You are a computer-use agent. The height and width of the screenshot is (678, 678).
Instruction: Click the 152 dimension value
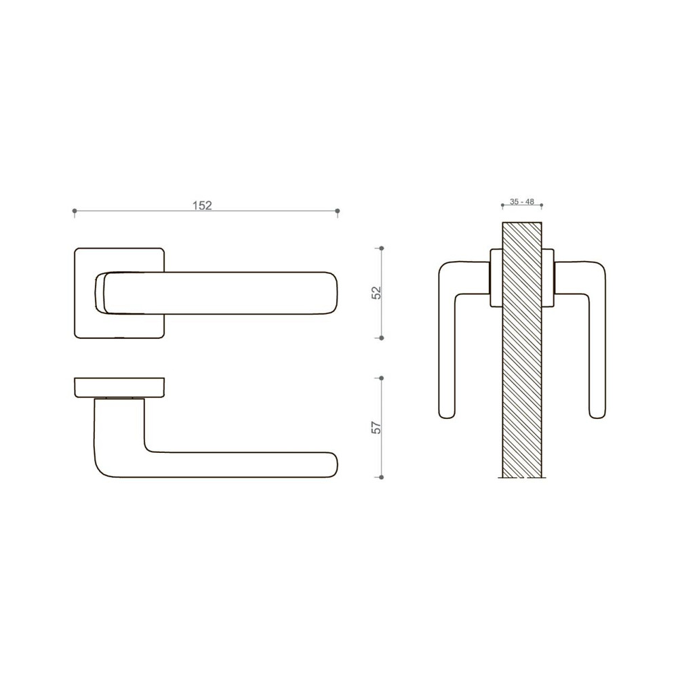point(201,205)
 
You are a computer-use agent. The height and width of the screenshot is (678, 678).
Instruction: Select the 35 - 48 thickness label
point(522,202)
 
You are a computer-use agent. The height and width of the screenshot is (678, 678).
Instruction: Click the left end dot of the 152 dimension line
point(74,212)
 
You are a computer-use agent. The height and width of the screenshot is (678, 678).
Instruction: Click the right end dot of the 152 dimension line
point(338,212)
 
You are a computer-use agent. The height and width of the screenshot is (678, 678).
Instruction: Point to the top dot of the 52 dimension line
point(382,249)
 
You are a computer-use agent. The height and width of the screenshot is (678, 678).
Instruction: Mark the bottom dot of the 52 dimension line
point(382,337)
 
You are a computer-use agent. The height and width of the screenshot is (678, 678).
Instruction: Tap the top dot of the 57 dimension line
point(382,378)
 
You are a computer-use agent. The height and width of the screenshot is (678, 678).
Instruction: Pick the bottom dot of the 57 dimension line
point(382,477)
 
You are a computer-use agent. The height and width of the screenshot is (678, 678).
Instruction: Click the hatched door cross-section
point(522,353)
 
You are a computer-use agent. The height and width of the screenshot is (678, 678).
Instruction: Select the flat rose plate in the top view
point(119,386)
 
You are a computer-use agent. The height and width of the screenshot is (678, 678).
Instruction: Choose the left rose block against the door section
point(496,278)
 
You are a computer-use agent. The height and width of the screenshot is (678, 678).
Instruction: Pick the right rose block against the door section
point(548,278)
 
